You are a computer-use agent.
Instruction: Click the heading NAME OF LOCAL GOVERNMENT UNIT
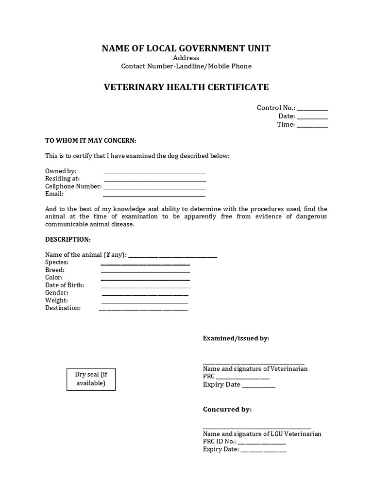pyautogui.click(x=186, y=48)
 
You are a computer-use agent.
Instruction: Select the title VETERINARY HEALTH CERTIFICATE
pyautogui.click(x=186, y=87)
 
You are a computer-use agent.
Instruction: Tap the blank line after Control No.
pyautogui.click(x=312, y=109)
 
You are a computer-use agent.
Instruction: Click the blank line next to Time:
pyautogui.click(x=312, y=126)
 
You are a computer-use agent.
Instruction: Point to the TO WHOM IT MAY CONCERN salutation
pyautogui.click(x=91, y=140)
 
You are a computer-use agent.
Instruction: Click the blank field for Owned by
pyautogui.click(x=154, y=172)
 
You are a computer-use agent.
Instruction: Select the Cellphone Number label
pyautogui.click(x=73, y=186)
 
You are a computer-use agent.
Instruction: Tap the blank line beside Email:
pyautogui.click(x=154, y=195)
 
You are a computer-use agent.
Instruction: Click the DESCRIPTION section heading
pyautogui.click(x=68, y=239)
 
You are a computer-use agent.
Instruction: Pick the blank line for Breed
pyautogui.click(x=145, y=272)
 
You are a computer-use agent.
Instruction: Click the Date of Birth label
pyautogui.click(x=65, y=285)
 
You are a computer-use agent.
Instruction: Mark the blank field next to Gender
pyautogui.click(x=145, y=295)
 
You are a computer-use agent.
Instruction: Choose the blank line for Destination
pyautogui.click(x=143, y=309)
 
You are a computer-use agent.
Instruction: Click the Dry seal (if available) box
pyautogui.click(x=91, y=379)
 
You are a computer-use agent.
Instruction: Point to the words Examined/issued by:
pyautogui.click(x=236, y=338)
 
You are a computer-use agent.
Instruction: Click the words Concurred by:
pyautogui.click(x=227, y=409)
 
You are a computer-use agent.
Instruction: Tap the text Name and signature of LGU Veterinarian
pyautogui.click(x=262, y=434)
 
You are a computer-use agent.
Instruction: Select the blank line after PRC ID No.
pyautogui.click(x=262, y=443)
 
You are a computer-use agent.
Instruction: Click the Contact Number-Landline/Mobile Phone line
pyautogui.click(x=186, y=66)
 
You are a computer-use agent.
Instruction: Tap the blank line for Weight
pyautogui.click(x=145, y=302)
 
